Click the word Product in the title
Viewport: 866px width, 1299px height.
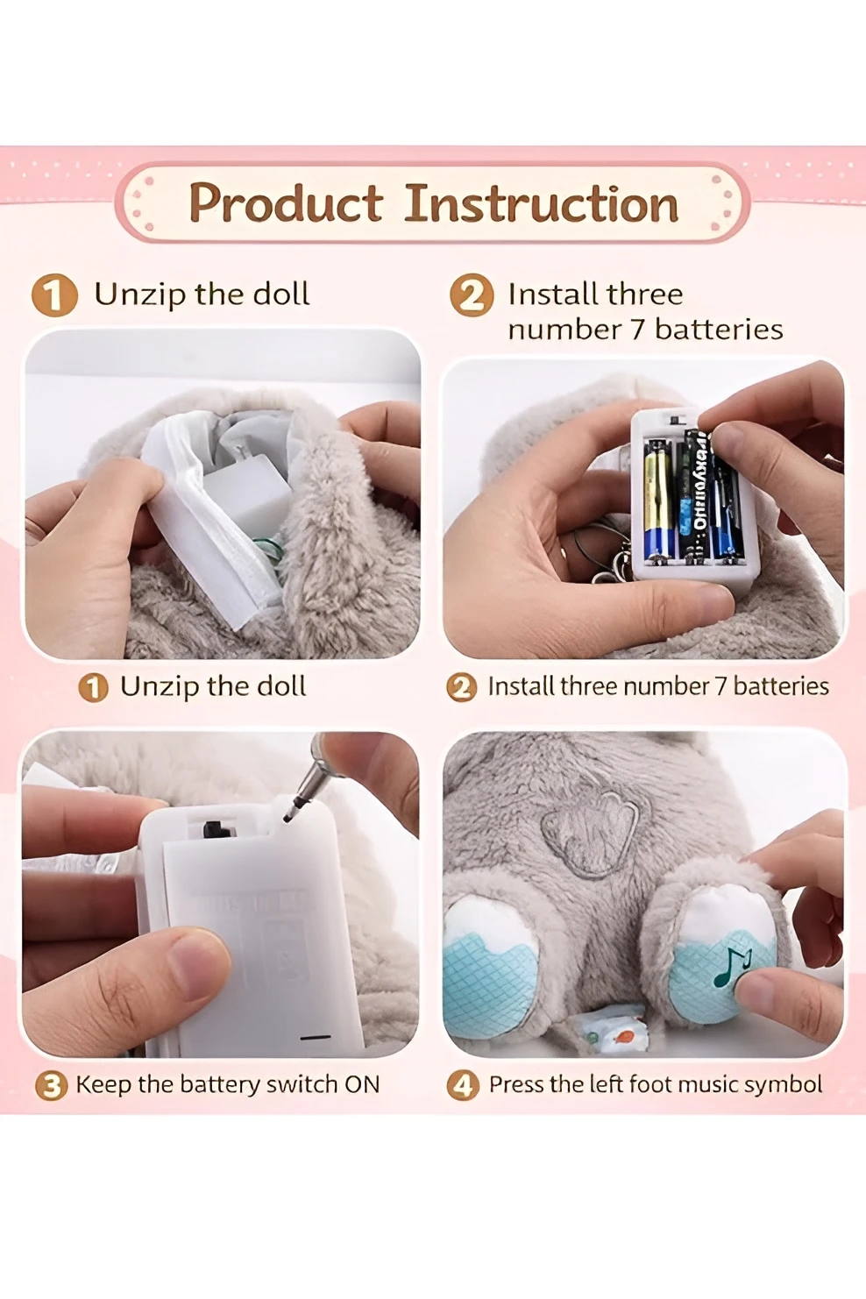tap(286, 203)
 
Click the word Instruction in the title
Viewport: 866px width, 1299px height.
tap(541, 203)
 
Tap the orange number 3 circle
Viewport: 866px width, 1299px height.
tap(51, 1086)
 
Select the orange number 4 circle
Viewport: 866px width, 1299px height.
tap(463, 1085)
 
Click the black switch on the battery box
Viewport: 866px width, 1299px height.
tap(212, 828)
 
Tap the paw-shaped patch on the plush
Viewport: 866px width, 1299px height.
tap(589, 833)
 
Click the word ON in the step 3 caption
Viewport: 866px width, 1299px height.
tap(362, 1084)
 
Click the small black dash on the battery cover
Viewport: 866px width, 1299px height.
tap(315, 1037)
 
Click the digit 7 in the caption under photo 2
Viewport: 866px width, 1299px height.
tap(720, 686)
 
